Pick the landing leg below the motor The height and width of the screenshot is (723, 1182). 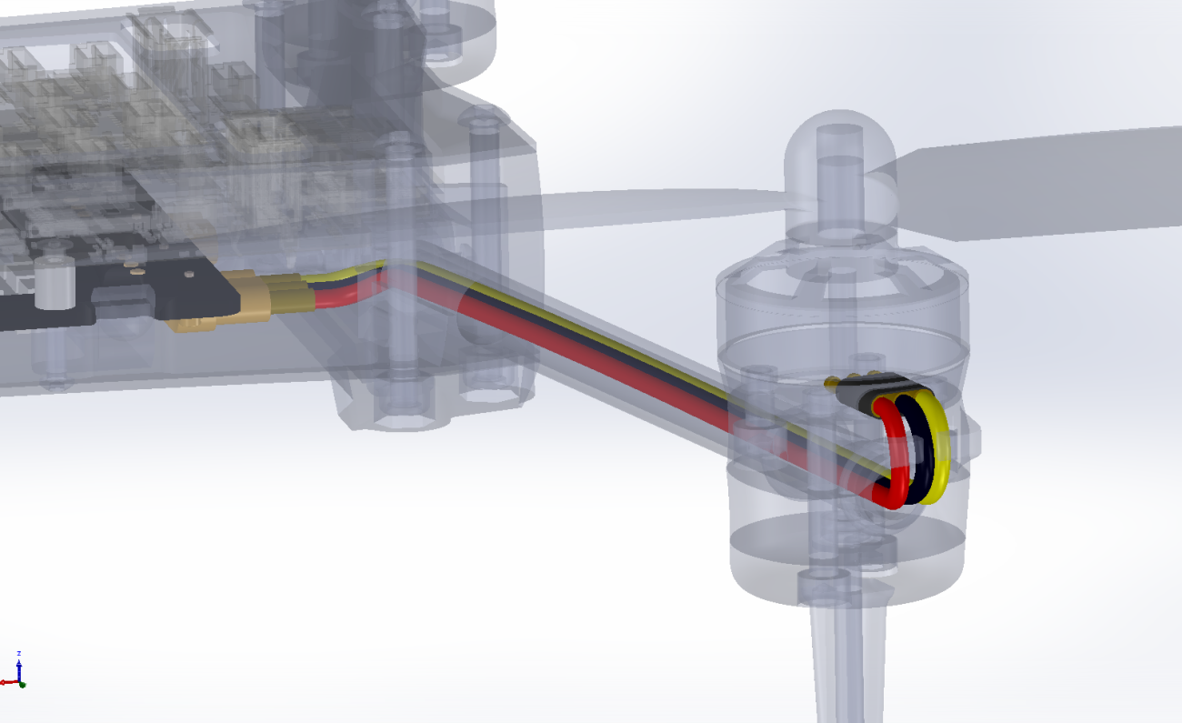click(x=846, y=664)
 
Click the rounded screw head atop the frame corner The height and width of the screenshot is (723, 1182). click(x=486, y=117)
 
